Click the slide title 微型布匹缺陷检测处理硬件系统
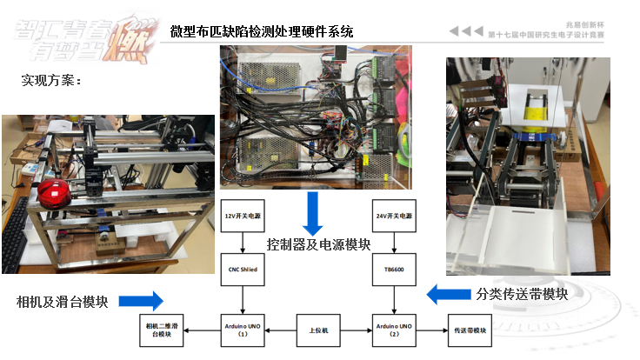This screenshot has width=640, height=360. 262,32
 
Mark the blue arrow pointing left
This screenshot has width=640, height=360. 448,294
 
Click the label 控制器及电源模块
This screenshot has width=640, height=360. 318,244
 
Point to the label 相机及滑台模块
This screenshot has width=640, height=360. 63,302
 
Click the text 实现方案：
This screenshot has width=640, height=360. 51,81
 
